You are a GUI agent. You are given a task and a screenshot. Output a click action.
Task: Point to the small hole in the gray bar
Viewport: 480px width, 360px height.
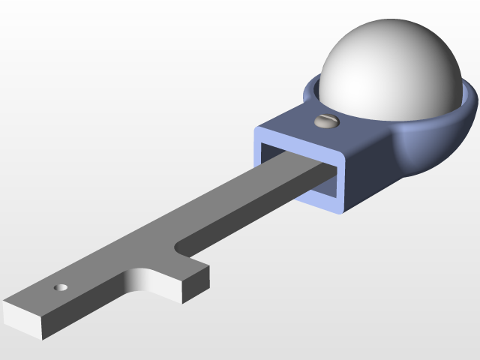click(61, 287)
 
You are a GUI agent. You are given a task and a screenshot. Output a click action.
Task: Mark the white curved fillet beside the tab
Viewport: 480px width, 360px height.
click(142, 279)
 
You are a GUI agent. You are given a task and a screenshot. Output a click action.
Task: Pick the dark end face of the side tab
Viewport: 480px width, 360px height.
click(196, 285)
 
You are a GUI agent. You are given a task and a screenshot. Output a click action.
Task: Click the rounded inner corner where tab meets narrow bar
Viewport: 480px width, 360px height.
click(178, 245)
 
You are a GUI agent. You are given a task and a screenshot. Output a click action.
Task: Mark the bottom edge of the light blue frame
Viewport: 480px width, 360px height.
click(315, 201)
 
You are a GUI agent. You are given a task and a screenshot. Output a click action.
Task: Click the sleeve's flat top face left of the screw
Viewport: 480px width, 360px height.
click(292, 121)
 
